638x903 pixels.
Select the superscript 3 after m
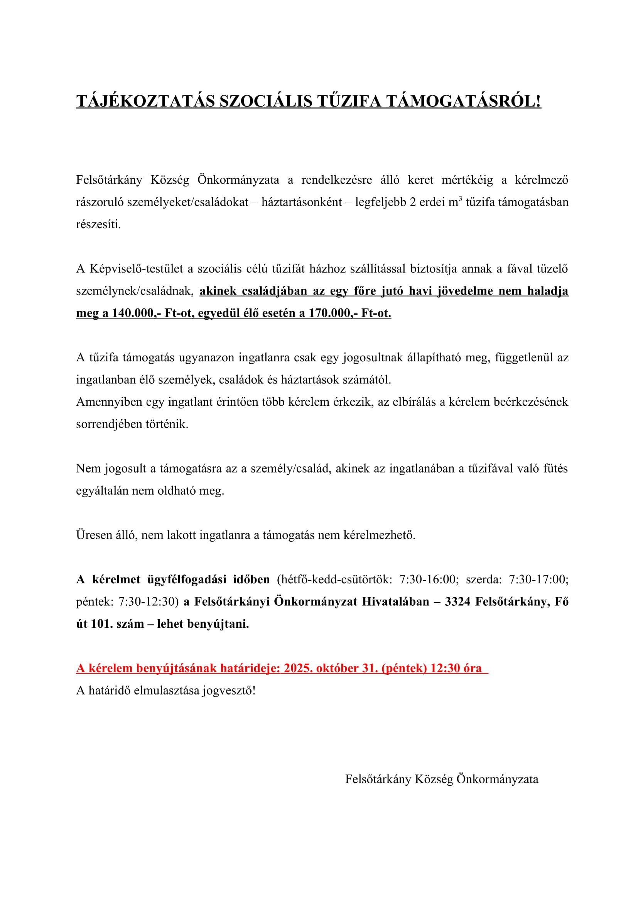point(460,199)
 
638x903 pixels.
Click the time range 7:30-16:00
point(427,579)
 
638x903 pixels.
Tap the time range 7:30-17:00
point(538,579)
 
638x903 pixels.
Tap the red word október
point(338,668)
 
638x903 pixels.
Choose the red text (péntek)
point(404,668)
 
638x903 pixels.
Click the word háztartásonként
point(302,202)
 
